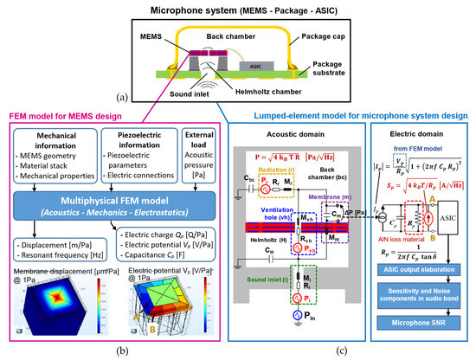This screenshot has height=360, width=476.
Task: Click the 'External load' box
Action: [x=199, y=148]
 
